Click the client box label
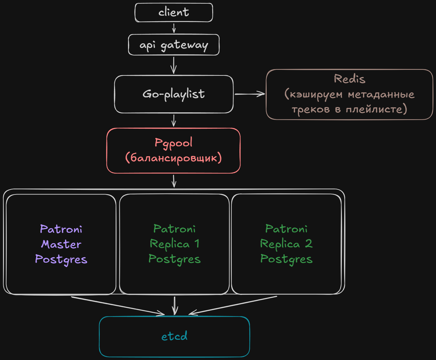pyautogui.click(x=174, y=12)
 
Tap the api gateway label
pyautogui.click(x=174, y=45)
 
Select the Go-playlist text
pyautogui.click(x=174, y=94)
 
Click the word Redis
pyautogui.click(x=350, y=79)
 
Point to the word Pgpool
pyautogui.click(x=173, y=143)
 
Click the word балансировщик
pyautogui.click(x=174, y=158)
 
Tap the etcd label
pyautogui.click(x=174, y=336)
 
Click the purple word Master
pyautogui.click(x=61, y=244)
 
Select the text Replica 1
pyautogui.click(x=175, y=244)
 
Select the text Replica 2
pyautogui.click(x=286, y=244)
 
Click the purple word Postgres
pyautogui.click(x=61, y=259)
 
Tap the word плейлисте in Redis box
pyautogui.click(x=374, y=109)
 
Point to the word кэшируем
pyautogui.click(x=316, y=95)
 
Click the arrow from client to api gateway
pyautogui.click(x=174, y=28)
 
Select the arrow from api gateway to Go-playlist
pyautogui.click(x=174, y=65)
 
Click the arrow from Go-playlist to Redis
pyautogui.click(x=250, y=94)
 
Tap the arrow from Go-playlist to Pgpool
pyautogui.click(x=174, y=121)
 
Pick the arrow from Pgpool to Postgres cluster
pyautogui.click(x=174, y=181)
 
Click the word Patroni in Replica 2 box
pyautogui.click(x=286, y=229)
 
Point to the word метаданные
pyautogui.click(x=381, y=95)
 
